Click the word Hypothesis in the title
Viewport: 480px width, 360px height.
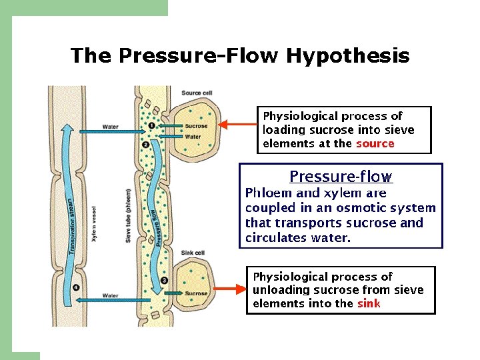[x=348, y=56]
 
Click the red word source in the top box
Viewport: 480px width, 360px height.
[x=375, y=143]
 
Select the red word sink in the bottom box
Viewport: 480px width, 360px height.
[x=368, y=303]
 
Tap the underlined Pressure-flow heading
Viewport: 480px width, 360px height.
[x=341, y=177]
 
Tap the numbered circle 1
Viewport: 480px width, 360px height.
[x=152, y=125]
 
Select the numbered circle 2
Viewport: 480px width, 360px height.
[x=146, y=143]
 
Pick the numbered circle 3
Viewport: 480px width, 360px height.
[x=163, y=281]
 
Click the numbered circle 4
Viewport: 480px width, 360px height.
[x=77, y=287]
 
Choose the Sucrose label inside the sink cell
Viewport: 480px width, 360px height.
[x=196, y=293]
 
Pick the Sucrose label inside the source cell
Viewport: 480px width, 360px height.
[x=196, y=125]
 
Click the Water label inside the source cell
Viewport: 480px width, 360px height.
[x=193, y=137]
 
